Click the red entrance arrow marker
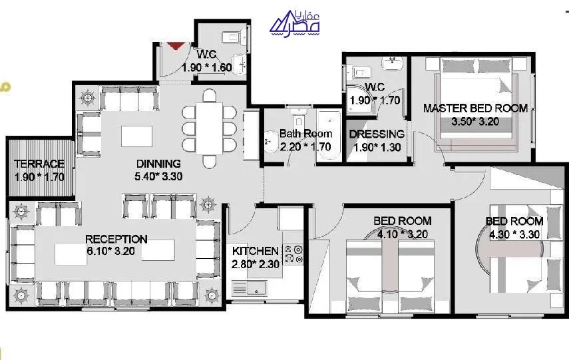tap(176, 45)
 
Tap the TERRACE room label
tap(39, 164)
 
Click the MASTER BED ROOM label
tap(475, 108)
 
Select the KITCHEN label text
tap(255, 251)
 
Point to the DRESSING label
tap(377, 134)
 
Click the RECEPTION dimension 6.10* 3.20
tap(110, 251)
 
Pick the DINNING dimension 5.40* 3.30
tap(158, 176)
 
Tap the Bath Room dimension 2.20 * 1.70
tap(305, 147)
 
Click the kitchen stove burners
tap(293, 254)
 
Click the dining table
tap(209, 128)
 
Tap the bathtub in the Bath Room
tap(329, 135)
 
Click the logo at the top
tap(295, 23)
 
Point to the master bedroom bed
tap(476, 103)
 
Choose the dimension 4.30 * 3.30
tap(514, 234)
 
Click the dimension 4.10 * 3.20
tap(403, 234)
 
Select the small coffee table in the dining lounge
tap(136, 136)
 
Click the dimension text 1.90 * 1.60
tap(207, 67)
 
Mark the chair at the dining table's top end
tap(210, 95)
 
